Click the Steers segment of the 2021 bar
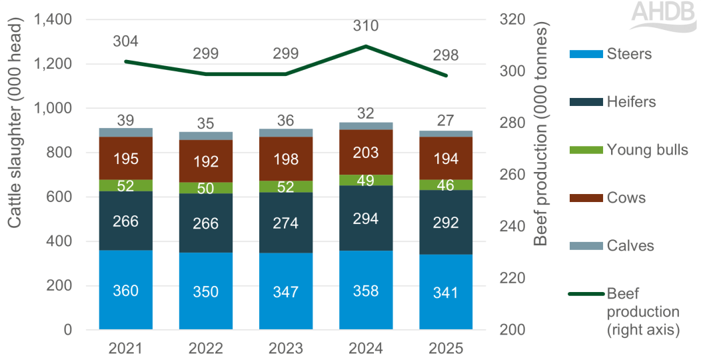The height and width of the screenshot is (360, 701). pyautogui.click(x=125, y=289)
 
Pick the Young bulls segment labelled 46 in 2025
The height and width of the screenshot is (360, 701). pyautogui.click(x=445, y=185)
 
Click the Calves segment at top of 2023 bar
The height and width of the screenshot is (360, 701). pyautogui.click(x=285, y=133)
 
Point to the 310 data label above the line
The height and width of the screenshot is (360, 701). pyautogui.click(x=365, y=27)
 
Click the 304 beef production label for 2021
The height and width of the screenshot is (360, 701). pyautogui.click(x=125, y=41)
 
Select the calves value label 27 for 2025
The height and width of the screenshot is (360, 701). pyautogui.click(x=445, y=121)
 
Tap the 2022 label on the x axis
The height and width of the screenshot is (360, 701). pyautogui.click(x=205, y=348)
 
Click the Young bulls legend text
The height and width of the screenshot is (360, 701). pyautogui.click(x=647, y=150)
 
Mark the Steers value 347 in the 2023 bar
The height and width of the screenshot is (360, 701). pyautogui.click(x=285, y=291)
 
